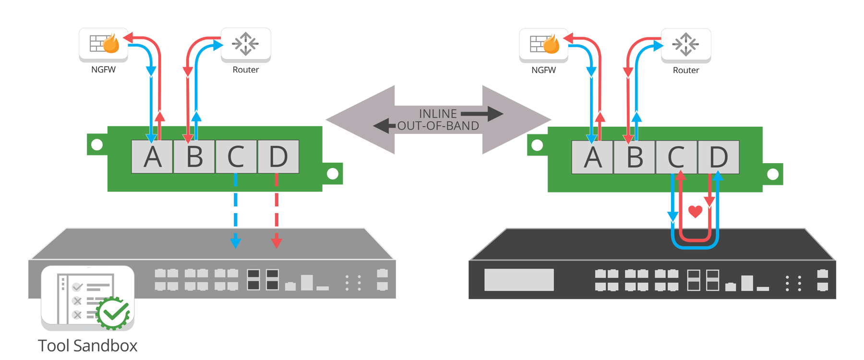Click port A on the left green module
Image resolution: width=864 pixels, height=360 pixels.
coord(152,157)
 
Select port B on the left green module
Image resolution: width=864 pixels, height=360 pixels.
coord(194,157)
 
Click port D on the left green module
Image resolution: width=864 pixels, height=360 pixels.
coord(278,157)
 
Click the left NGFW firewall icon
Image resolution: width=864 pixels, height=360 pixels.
coord(104,44)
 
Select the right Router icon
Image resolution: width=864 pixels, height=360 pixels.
coord(685,45)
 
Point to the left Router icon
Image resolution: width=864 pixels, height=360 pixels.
coord(245,44)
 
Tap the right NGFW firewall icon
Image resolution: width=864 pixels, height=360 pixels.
coord(544,45)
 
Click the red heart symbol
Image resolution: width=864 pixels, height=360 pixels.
coord(695,211)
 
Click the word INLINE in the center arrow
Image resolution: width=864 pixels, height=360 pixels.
coord(437,114)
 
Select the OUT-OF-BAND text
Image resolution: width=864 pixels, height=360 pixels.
coord(438,126)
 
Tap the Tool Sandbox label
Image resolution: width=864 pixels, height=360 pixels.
coord(88,346)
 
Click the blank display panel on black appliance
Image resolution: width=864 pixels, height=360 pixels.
coord(519,279)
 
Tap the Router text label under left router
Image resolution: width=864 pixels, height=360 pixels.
coord(245,70)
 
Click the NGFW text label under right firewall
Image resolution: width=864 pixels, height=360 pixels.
coord(543,70)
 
